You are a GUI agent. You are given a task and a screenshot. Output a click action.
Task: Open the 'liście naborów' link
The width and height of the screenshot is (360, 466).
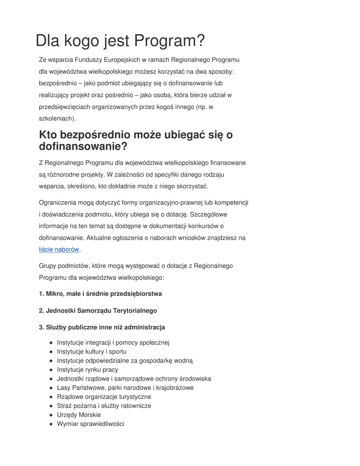[x=59, y=249]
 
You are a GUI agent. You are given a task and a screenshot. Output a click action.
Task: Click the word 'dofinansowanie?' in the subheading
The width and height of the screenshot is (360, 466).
[x=83, y=147]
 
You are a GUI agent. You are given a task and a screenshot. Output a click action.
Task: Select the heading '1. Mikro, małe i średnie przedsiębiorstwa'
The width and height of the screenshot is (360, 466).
[x=100, y=294]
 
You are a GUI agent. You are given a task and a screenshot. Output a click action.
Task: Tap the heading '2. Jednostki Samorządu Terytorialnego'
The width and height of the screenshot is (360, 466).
[x=98, y=310]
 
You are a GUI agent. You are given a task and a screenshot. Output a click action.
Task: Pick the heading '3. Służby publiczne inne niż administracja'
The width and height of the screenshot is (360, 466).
[x=102, y=327]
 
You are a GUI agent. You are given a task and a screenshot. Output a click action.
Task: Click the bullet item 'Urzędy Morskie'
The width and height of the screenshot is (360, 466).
[x=79, y=415]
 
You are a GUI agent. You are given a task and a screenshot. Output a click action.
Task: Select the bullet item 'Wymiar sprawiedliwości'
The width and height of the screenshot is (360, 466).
[x=90, y=424]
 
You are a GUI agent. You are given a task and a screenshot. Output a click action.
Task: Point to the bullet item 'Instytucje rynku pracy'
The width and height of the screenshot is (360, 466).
[x=87, y=370]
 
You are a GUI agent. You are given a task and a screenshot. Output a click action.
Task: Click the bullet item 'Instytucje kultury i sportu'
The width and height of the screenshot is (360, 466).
[x=91, y=351]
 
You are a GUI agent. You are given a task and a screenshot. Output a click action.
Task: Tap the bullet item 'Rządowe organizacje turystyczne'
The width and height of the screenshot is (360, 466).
[x=104, y=396]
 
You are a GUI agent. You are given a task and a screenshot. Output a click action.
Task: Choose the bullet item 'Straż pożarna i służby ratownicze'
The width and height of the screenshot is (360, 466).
[x=104, y=405]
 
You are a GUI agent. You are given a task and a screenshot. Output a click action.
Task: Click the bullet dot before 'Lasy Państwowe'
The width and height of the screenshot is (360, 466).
[x=51, y=388]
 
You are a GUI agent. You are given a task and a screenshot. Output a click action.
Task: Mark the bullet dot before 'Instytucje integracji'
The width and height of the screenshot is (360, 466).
[x=51, y=343]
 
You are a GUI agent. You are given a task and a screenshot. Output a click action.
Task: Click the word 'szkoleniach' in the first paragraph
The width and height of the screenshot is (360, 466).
[x=56, y=118]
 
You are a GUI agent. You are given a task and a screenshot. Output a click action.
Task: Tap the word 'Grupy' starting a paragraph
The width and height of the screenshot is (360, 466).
[x=48, y=265]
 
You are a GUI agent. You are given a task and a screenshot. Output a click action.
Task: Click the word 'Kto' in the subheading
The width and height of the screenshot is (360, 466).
[x=49, y=135]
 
